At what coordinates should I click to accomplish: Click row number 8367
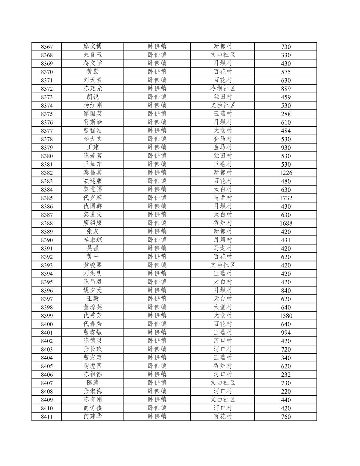[x=47, y=47]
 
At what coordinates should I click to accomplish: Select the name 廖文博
[x=93, y=47]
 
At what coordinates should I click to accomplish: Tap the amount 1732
[x=286, y=198]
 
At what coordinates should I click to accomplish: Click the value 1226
[x=286, y=173]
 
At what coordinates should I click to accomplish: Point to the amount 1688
[x=286, y=223]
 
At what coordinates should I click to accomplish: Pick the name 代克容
[x=93, y=198]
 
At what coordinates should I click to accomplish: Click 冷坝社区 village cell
[x=223, y=89]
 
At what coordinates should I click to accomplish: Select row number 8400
[x=47, y=324]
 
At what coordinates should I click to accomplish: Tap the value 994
[x=286, y=333]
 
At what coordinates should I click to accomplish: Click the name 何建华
[x=93, y=416]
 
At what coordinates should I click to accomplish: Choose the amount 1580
[x=286, y=316]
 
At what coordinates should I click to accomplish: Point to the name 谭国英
[x=93, y=114]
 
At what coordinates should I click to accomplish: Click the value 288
[x=286, y=114]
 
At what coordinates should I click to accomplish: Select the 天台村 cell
[x=223, y=299]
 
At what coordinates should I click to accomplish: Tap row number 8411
[x=47, y=416]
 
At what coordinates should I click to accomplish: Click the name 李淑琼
[x=93, y=240]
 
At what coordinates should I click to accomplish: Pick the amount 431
[x=286, y=240]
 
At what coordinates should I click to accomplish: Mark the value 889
[x=286, y=89]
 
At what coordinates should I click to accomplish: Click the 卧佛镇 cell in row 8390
[x=157, y=240]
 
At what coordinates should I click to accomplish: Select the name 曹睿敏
[x=93, y=333]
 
